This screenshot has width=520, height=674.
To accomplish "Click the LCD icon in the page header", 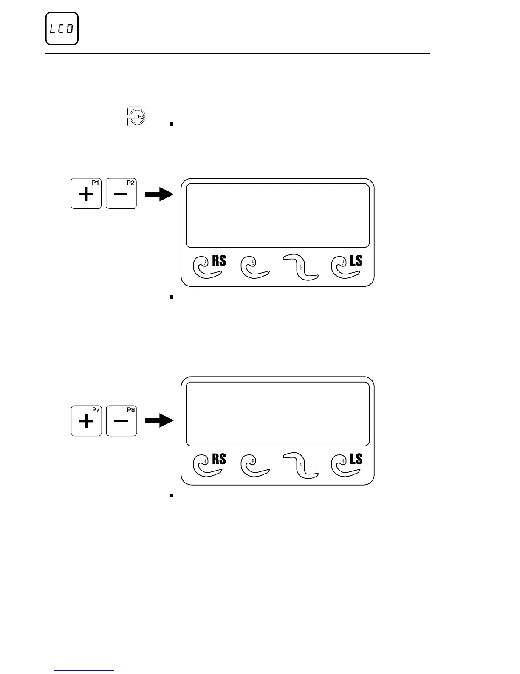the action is coord(62,29).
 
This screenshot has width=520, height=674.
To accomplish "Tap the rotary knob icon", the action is coord(137,116).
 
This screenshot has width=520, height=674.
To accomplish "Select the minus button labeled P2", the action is coord(121,194).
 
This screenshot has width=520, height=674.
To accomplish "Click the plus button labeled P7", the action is coord(86,421).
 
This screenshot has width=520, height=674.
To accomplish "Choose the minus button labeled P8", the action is coord(122,421).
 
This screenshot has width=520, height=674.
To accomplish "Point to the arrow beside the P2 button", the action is coord(160,195).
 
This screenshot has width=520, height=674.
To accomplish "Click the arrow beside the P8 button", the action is coord(160,421).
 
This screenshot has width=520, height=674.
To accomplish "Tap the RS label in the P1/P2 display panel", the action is coord(219,260).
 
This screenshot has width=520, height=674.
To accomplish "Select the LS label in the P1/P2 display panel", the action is coord(356,260).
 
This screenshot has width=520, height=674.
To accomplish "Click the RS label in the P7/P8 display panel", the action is coord(219,459).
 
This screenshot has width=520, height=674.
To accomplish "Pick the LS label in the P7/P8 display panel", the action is coord(356,459).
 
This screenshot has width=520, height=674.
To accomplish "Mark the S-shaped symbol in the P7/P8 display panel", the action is coord(301,466).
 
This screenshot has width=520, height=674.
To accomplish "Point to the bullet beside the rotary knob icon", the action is coord(171,124).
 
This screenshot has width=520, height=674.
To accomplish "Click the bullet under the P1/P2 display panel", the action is coord(171,297).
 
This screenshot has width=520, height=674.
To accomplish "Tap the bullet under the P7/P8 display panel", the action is coord(171,496).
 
